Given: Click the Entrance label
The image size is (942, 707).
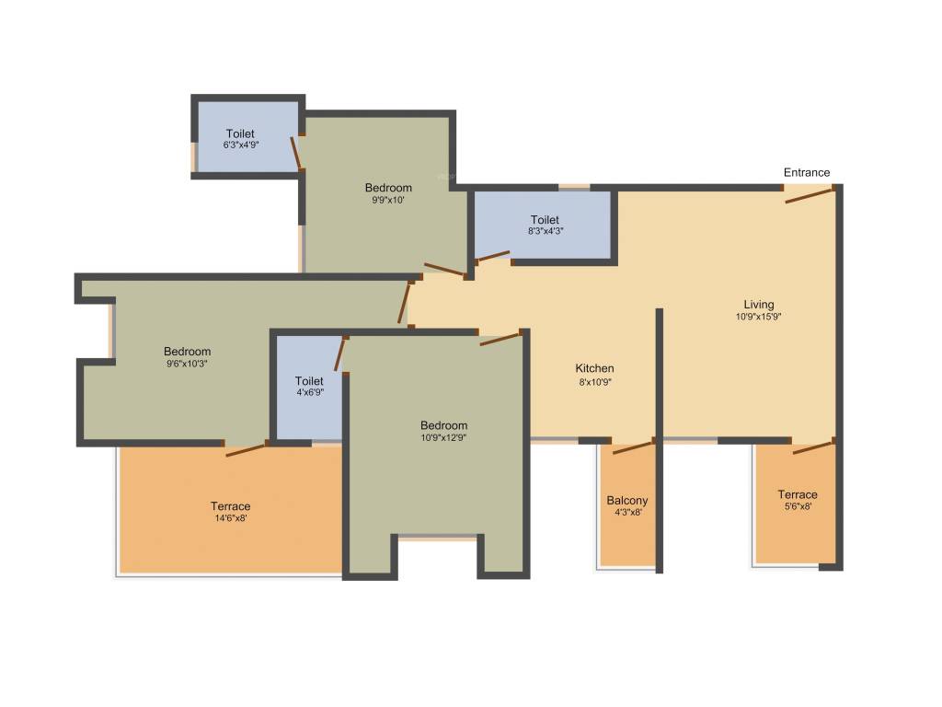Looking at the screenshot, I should [806, 172].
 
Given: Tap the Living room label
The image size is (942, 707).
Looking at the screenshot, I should [759, 305].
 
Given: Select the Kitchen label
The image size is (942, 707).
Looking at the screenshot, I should [595, 368].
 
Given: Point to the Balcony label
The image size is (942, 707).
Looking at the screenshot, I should [626, 501].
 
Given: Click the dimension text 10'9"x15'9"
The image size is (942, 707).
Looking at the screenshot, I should [759, 317].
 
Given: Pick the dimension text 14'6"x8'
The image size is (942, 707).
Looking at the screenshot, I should [230, 518].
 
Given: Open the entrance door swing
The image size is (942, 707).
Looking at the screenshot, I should [810, 194].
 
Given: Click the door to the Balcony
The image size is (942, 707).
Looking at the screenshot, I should [632, 448].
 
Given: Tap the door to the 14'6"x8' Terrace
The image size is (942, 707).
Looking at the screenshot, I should [246, 449].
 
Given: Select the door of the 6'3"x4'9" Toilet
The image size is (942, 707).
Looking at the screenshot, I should [296, 153].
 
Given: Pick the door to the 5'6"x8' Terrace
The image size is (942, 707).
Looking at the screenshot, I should [812, 447].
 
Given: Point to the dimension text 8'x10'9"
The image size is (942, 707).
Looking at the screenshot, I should [595, 381].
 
